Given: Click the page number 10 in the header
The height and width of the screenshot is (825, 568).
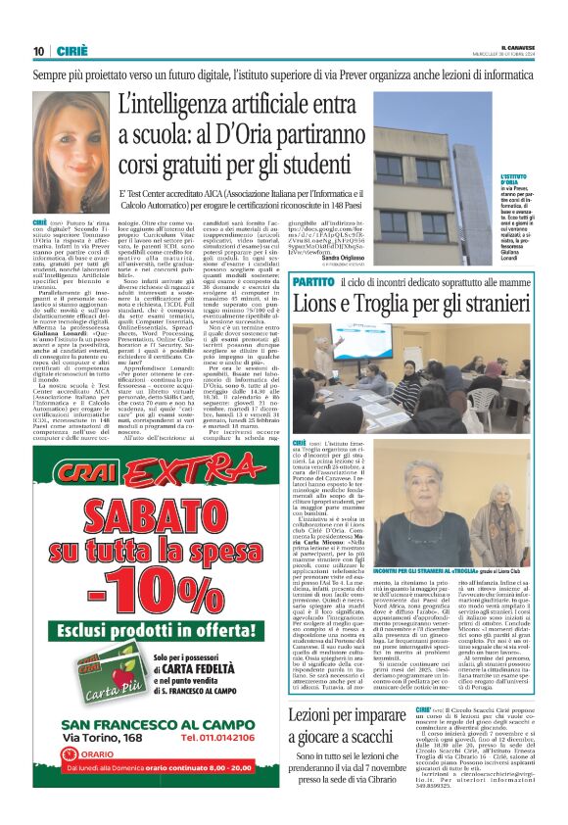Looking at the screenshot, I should click(38, 52).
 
